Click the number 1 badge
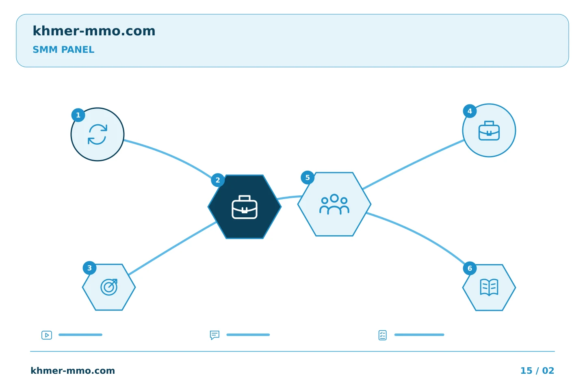click(78, 115)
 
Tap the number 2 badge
click(218, 180)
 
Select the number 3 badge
click(89, 268)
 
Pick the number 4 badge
click(470, 111)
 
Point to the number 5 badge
click(308, 178)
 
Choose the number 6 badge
click(470, 268)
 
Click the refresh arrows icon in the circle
click(97, 134)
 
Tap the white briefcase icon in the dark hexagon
click(245, 207)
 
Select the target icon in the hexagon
click(109, 287)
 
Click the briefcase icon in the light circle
click(489, 130)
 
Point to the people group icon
click(334, 204)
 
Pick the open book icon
click(489, 287)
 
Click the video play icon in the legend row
click(47, 335)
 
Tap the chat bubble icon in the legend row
click(214, 335)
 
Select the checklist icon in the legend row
click(382, 335)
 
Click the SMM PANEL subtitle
click(63, 50)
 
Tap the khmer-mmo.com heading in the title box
click(94, 31)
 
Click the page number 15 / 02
click(537, 370)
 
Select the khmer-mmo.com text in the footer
click(73, 370)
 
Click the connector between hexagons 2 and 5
click(289, 197)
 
